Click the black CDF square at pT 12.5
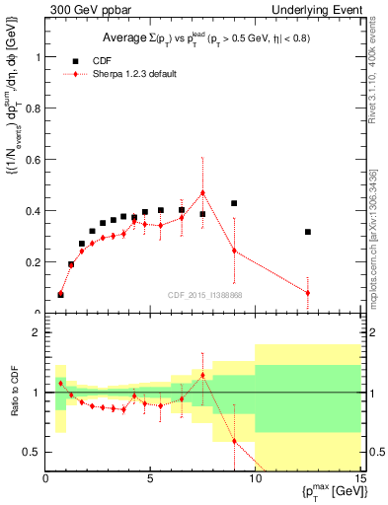click(x=308, y=232)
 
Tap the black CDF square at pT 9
click(x=234, y=203)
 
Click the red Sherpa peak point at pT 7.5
click(x=202, y=192)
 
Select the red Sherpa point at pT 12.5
click(x=308, y=293)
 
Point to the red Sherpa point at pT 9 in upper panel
click(x=234, y=251)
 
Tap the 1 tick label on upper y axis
click(x=39, y=56)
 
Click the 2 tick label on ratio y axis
click(x=39, y=333)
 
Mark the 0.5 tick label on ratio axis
click(x=33, y=452)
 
